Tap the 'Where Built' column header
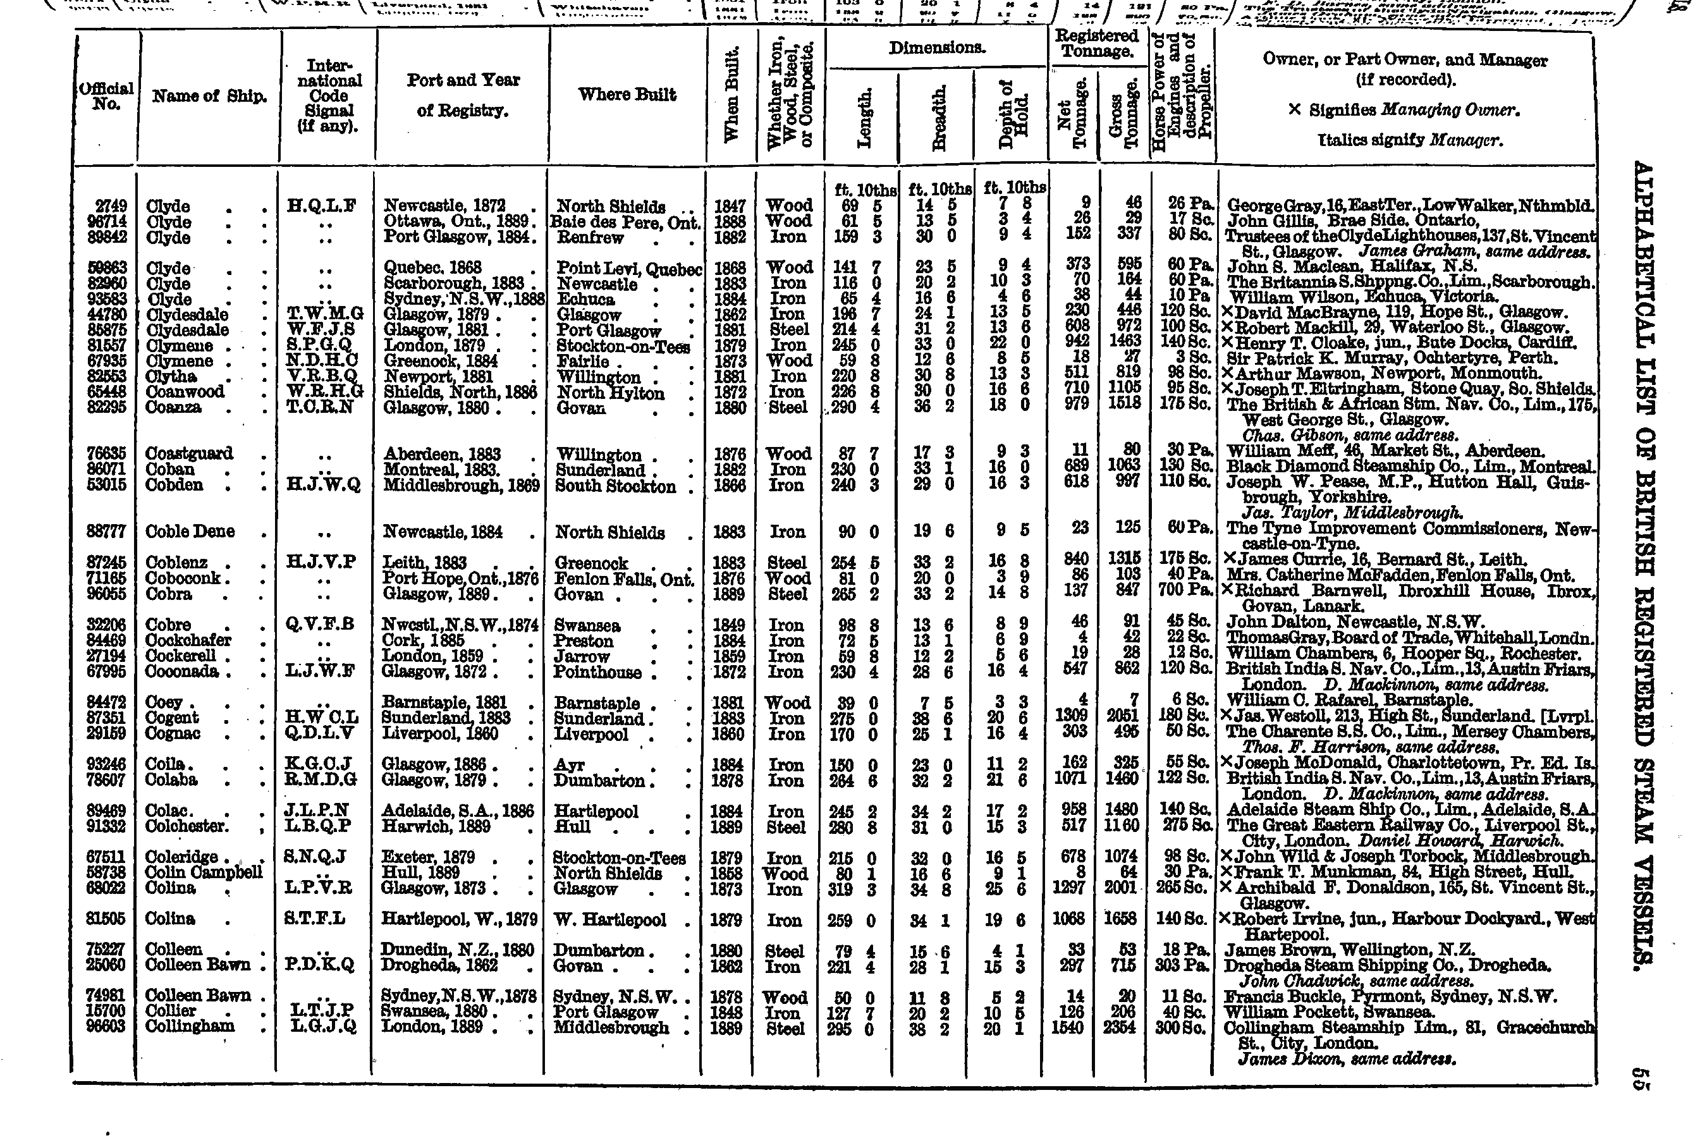click(627, 94)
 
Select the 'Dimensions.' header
click(937, 49)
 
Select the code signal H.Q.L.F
click(322, 205)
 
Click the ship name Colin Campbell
click(204, 872)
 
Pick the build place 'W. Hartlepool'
click(609, 919)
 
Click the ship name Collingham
click(190, 1026)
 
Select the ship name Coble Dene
click(190, 531)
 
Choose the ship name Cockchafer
click(188, 640)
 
